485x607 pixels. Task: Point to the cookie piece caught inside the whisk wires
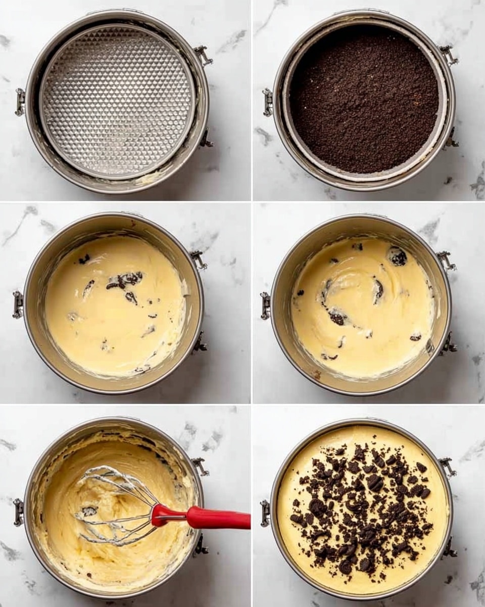point(89,511)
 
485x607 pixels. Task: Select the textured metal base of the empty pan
point(117,101)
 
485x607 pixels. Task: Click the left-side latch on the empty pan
point(20,102)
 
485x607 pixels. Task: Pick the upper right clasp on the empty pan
point(203,55)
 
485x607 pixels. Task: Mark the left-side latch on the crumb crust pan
point(267,102)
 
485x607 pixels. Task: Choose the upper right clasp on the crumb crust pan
point(448,54)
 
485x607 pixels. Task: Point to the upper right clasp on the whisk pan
point(201,466)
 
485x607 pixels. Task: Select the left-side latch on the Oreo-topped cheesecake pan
point(265,512)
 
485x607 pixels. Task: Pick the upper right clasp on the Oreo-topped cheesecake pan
point(447,466)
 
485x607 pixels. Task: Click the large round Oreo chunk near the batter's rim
point(398,256)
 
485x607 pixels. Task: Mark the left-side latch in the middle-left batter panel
point(18,305)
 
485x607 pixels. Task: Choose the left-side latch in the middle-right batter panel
point(265,306)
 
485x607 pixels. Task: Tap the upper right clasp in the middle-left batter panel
point(199,259)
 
